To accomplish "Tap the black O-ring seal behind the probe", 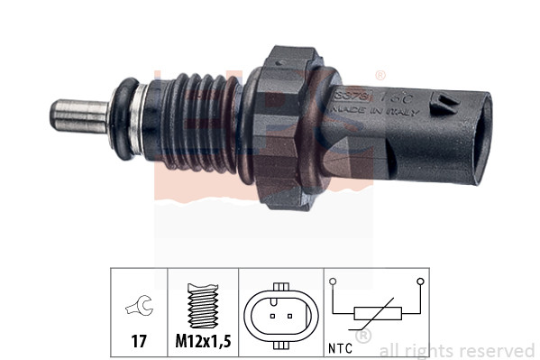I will click(x=121, y=116).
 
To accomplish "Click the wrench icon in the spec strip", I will click(x=140, y=307).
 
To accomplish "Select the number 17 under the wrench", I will click(x=139, y=342).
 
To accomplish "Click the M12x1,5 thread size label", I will click(x=203, y=342).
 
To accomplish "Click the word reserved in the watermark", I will click(x=499, y=350).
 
